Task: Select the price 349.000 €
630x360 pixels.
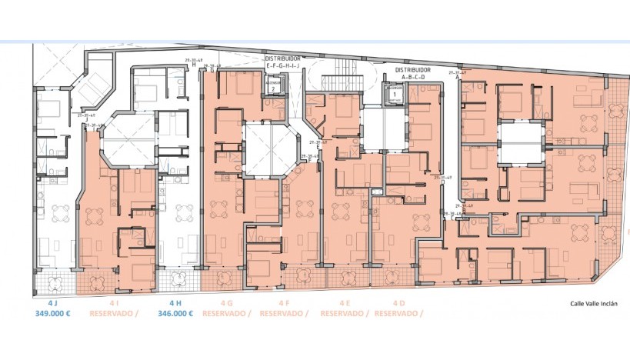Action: [x=53, y=314]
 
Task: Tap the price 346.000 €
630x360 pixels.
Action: [x=175, y=314]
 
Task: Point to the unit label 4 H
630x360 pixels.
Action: [x=175, y=303]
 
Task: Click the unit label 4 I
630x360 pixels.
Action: [x=113, y=303]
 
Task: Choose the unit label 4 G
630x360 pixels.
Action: [x=226, y=303]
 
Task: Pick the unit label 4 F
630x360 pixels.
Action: [x=284, y=303]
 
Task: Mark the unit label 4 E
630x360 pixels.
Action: [x=344, y=303]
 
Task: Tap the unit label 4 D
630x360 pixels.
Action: [x=398, y=303]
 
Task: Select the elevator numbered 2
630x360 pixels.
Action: [x=273, y=88]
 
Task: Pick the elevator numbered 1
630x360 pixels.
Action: [x=395, y=94]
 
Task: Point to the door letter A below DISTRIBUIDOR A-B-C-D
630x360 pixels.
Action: [x=458, y=78]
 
